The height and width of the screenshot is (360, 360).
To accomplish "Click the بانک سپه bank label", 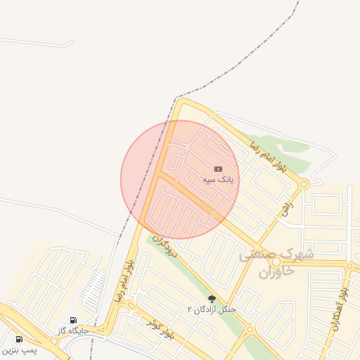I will [x=218, y=180].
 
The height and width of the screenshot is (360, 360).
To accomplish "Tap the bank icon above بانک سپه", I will [x=218, y=169].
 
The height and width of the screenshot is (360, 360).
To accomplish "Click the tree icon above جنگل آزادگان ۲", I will [x=212, y=299].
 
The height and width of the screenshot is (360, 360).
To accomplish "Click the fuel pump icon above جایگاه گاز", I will [x=74, y=321].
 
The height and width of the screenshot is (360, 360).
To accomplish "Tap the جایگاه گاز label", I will [x=73, y=330].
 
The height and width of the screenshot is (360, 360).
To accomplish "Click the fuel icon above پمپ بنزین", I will [x=19, y=339].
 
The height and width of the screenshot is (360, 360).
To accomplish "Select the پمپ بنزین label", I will [x=19, y=349].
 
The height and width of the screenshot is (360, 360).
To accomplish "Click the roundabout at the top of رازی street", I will [x=303, y=184].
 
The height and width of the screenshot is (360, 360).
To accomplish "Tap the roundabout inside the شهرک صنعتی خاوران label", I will [x=276, y=262].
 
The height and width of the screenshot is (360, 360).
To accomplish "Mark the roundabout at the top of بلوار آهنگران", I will [x=349, y=266].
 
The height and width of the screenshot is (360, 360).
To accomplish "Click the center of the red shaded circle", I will [x=180, y=179].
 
